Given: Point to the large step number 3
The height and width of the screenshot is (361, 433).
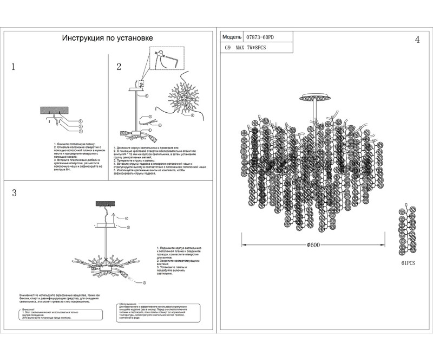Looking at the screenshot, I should (14, 194).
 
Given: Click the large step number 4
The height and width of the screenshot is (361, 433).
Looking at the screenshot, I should (417, 40).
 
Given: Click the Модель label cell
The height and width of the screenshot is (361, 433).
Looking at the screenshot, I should (232, 38).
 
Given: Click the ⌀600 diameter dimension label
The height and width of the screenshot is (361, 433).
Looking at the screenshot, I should (313, 244).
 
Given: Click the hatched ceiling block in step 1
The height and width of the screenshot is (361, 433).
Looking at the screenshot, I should (54, 110).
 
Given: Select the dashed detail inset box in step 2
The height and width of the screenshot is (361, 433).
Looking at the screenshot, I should (166, 59).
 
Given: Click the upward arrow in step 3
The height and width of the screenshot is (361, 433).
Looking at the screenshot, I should (114, 217).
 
